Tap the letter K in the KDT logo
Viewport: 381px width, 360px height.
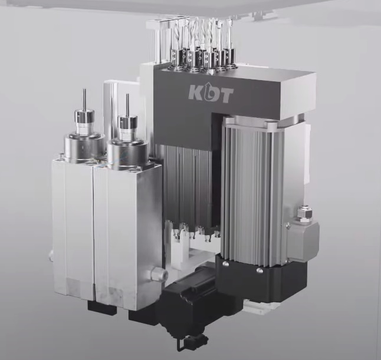[195, 93]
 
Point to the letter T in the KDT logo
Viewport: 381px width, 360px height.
[226, 95]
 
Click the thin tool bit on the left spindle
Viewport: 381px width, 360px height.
[84, 100]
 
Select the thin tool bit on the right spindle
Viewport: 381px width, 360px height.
[127, 105]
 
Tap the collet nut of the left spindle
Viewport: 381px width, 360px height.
[84, 120]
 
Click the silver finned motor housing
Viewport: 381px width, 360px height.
[252, 191]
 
